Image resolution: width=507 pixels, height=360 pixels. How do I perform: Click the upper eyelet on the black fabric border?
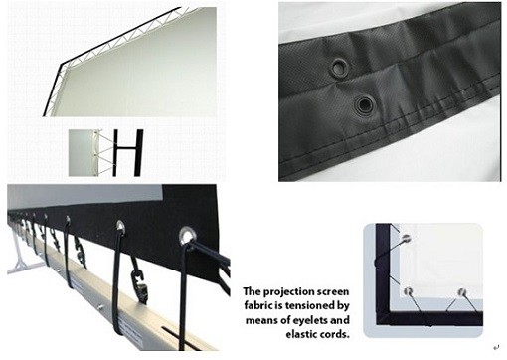[x=340, y=67]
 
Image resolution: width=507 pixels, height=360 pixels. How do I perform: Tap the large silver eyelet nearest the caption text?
[x=188, y=236]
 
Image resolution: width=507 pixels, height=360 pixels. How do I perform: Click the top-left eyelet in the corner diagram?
[x=406, y=238]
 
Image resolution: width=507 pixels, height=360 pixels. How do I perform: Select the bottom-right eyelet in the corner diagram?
[x=460, y=293]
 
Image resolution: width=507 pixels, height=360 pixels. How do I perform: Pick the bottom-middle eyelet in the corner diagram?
[x=408, y=290]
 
